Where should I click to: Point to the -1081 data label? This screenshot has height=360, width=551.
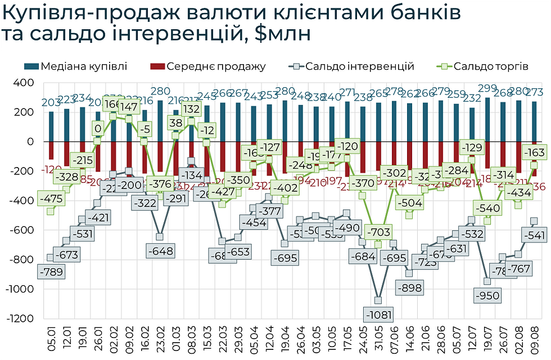pos(378,314)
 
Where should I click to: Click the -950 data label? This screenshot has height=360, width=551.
pos(487,295)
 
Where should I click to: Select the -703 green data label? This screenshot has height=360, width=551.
pos(378,232)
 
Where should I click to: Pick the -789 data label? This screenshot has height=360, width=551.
pos(51,272)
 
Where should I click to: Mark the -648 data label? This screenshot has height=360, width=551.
pos(160,250)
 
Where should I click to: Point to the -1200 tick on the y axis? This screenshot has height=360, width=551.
pos(20,318)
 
